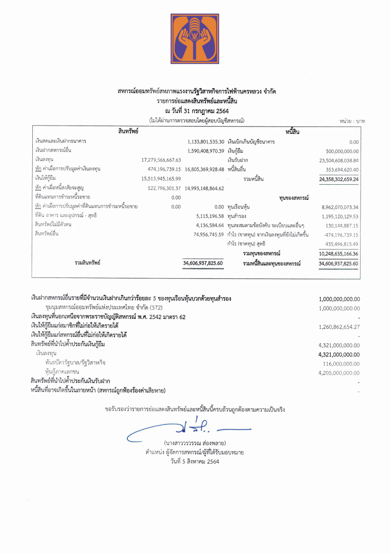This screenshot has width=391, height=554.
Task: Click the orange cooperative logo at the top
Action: pos(195,39)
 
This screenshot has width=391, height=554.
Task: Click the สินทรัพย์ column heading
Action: pos(129,132)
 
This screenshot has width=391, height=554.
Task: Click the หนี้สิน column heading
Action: pos(293,132)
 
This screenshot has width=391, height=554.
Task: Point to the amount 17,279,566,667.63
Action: pos(161,160)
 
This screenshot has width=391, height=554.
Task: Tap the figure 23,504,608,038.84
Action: pos(339,160)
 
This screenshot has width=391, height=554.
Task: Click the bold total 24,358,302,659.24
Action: pos(339,179)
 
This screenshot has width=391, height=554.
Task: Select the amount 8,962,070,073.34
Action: pos(340,207)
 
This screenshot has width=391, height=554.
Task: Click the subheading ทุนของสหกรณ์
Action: pos(294,198)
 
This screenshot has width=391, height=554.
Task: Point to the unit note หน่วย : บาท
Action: pos(352,121)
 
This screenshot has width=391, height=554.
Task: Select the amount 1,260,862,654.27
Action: pos(339,326)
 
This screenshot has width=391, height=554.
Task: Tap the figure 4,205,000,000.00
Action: pos(339,373)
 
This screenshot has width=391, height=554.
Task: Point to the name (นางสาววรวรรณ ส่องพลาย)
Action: pos(195,444)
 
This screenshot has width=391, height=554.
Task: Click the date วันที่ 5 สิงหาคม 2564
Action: pos(195,461)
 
